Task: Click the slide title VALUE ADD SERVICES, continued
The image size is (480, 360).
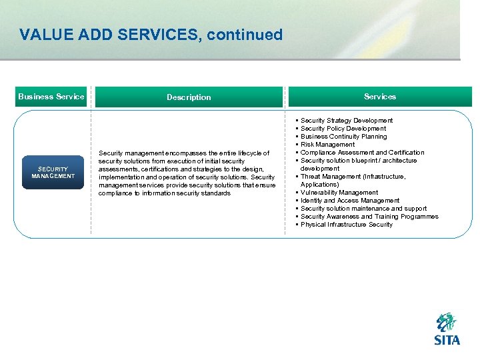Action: (151, 35)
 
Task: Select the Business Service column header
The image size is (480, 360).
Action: (51, 97)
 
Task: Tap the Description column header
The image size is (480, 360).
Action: (189, 97)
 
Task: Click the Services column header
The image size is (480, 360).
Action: (380, 97)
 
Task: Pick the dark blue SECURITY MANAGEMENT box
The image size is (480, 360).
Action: (53, 173)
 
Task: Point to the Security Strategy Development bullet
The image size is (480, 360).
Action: (347, 121)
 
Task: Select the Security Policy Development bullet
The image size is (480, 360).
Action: (343, 129)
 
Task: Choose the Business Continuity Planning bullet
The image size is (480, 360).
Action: (343, 137)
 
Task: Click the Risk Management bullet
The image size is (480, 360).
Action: (328, 145)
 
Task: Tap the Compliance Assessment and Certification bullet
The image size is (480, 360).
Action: (362, 153)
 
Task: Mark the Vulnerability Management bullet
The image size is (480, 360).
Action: (339, 193)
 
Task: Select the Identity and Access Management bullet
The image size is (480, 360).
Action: (350, 201)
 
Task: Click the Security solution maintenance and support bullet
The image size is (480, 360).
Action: (363, 209)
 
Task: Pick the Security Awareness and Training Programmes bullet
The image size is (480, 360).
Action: (369, 217)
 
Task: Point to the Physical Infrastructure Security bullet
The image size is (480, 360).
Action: (347, 225)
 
